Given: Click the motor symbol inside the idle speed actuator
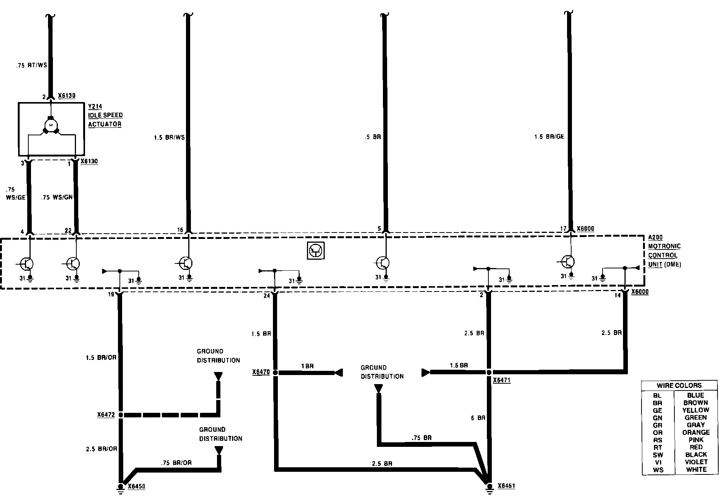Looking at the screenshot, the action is pyautogui.click(x=50, y=124).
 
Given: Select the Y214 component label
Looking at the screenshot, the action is pyautogui.click(x=95, y=107).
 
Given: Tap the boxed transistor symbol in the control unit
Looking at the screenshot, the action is pyautogui.click(x=316, y=251).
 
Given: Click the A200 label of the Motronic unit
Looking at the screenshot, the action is pyautogui.click(x=655, y=237).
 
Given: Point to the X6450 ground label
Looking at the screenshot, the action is pyautogui.click(x=136, y=486).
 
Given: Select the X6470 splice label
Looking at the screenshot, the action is pyautogui.click(x=261, y=372).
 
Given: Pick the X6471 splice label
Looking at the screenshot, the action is pyautogui.click(x=502, y=380).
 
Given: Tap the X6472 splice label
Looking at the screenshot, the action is pyautogui.click(x=105, y=415).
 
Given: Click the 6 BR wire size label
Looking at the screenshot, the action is pyautogui.click(x=478, y=418).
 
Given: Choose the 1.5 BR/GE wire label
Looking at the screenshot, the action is pyautogui.click(x=549, y=137).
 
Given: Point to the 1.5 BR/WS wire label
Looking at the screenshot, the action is pyautogui.click(x=169, y=138).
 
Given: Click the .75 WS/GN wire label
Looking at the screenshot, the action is pyautogui.click(x=57, y=197).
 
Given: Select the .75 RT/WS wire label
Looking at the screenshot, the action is pyautogui.click(x=32, y=65).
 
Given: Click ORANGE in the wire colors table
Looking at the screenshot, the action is pyautogui.click(x=696, y=432).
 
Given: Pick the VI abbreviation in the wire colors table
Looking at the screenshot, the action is pyautogui.click(x=658, y=462).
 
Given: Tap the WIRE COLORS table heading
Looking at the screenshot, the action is pyautogui.click(x=679, y=386).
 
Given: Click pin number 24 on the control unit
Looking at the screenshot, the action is pyautogui.click(x=267, y=296).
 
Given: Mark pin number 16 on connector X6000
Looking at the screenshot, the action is pyautogui.click(x=180, y=230).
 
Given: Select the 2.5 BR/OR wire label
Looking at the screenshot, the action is pyautogui.click(x=101, y=449).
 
